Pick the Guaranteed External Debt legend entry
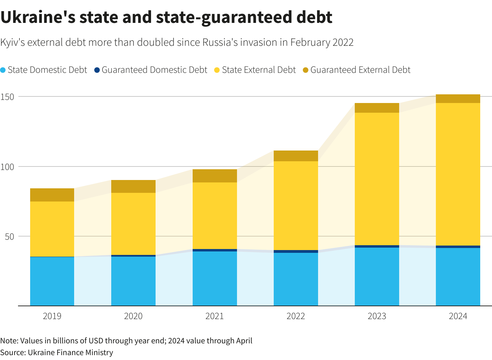point(357,70)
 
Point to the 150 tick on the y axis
point(7,97)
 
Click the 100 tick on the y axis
point(7,167)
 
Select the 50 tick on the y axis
point(9,237)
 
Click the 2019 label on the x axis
point(52,316)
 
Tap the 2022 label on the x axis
point(296,316)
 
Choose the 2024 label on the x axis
point(458,316)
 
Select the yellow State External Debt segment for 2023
point(377,179)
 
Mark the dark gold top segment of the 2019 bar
point(52,195)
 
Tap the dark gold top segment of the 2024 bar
point(458,99)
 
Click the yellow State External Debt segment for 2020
point(133,224)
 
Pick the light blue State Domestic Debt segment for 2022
point(296,279)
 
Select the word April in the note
point(244,341)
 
